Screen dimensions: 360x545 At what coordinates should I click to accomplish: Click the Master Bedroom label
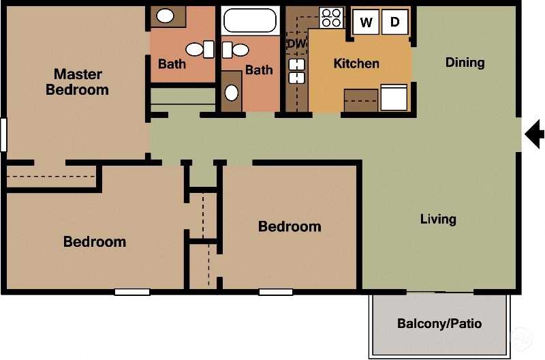pyautogui.click(x=77, y=82)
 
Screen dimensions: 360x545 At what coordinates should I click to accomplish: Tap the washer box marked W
pyautogui.click(x=366, y=22)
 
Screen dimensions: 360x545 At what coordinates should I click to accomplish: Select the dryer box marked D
pyautogui.click(x=394, y=22)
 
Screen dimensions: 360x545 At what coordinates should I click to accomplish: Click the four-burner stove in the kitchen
pyautogui.click(x=331, y=18)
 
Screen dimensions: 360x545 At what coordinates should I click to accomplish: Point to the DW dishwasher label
pyautogui.click(x=296, y=44)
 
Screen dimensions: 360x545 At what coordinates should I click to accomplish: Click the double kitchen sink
pyautogui.click(x=297, y=71)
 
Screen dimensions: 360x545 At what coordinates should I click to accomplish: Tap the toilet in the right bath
pyautogui.click(x=237, y=49)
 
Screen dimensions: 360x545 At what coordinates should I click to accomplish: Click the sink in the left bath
pyautogui.click(x=166, y=16)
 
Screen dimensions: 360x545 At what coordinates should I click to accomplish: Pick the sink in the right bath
pyautogui.click(x=232, y=91)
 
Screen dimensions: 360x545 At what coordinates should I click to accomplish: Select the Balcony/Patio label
pyautogui.click(x=439, y=323)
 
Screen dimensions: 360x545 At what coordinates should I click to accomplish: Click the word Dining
pyautogui.click(x=465, y=63)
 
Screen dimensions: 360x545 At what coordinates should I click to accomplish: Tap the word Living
pyautogui.click(x=437, y=219)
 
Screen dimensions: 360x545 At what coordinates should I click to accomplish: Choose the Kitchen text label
pyautogui.click(x=356, y=63)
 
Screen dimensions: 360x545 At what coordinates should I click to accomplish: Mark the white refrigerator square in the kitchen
pyautogui.click(x=394, y=97)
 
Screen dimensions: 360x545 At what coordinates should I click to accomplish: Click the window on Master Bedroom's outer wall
pyautogui.click(x=3, y=134)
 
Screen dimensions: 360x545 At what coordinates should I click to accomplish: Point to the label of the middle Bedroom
pyautogui.click(x=290, y=226)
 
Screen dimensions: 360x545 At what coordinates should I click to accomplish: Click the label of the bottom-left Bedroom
pyautogui.click(x=95, y=241)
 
